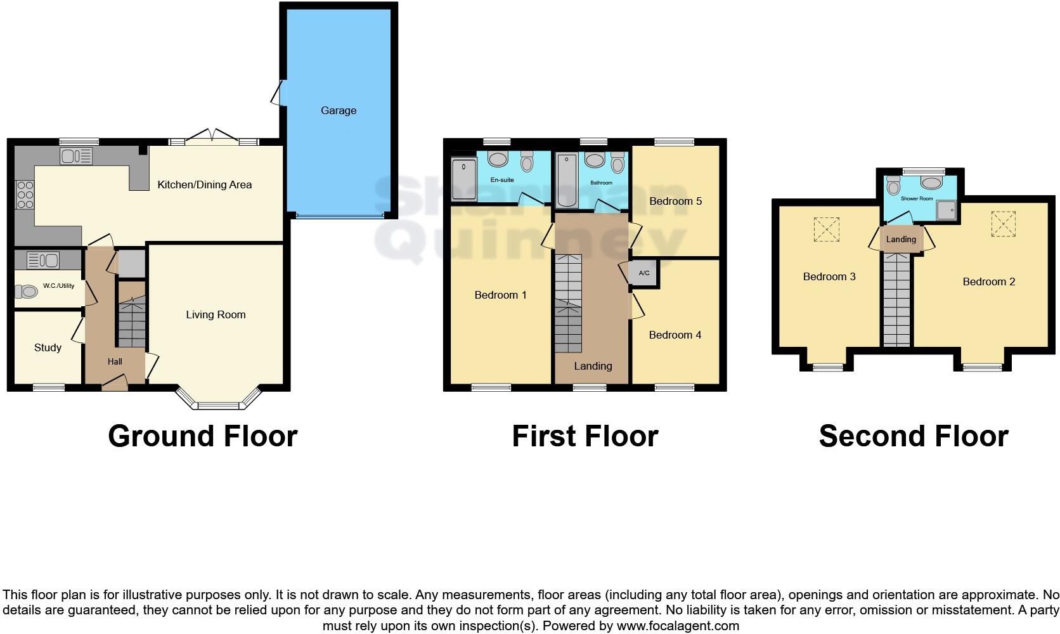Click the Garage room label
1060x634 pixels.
338,110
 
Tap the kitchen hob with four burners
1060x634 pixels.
24,195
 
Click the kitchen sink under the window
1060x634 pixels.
76,155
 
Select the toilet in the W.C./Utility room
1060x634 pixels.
27,292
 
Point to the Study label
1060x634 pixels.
48,347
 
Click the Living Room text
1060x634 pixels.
216,314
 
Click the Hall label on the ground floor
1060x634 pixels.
115,361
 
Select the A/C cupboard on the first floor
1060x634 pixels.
644,273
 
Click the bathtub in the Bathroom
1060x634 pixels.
566,180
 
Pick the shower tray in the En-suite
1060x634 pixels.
464,179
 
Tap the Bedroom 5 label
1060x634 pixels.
675,201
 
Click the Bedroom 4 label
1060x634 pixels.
675,335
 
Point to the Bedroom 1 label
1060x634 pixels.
500,295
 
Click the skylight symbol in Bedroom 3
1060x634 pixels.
826,229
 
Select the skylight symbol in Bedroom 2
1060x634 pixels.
1003,224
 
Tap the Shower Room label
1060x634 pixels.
917,198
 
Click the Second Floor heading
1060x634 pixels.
913,436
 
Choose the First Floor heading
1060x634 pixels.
585,436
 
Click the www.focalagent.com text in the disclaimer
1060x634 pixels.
678,626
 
